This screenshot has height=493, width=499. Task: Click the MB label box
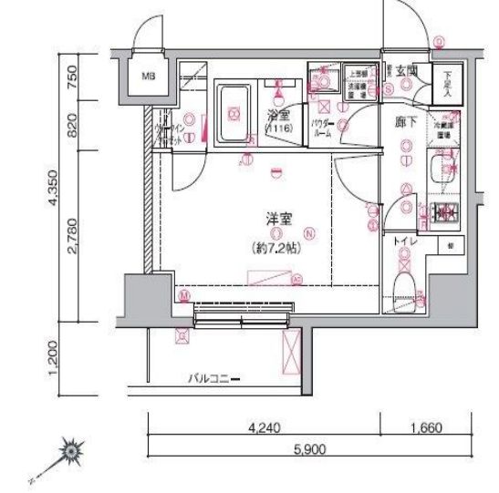[147, 76]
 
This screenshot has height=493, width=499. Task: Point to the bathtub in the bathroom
[234, 114]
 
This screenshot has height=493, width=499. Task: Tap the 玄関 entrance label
[407, 69]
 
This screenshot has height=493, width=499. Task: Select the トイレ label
[405, 243]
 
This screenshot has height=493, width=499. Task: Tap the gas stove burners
[447, 212]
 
